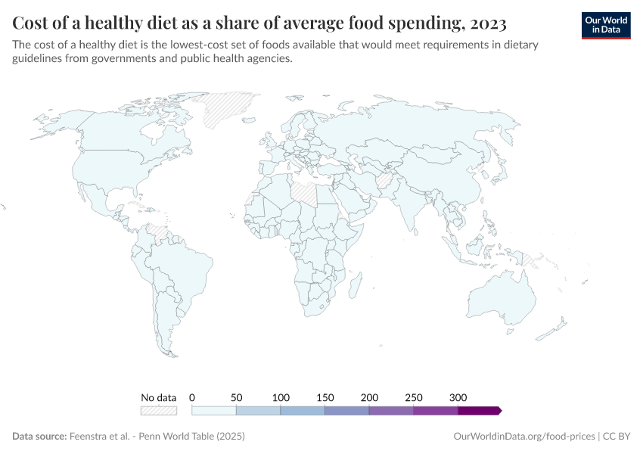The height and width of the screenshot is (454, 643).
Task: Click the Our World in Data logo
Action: tap(605, 24)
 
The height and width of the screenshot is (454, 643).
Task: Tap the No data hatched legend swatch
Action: tap(159, 410)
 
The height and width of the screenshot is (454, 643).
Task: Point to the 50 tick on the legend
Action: tap(236, 397)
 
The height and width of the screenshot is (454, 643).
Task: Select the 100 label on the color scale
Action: tap(281, 397)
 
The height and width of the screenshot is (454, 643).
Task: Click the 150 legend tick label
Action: tap(325, 397)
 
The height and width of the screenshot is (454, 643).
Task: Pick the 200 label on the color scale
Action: tap(369, 397)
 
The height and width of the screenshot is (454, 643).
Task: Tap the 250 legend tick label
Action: tap(413, 397)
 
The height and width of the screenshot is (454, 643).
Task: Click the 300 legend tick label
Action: tap(458, 397)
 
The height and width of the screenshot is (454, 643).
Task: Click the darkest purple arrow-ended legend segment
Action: tap(479, 410)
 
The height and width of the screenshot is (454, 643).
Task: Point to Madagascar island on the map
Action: tap(353, 287)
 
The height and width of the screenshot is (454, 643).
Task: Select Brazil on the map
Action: tap(182, 265)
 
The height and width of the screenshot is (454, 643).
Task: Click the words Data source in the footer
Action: tap(39, 437)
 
